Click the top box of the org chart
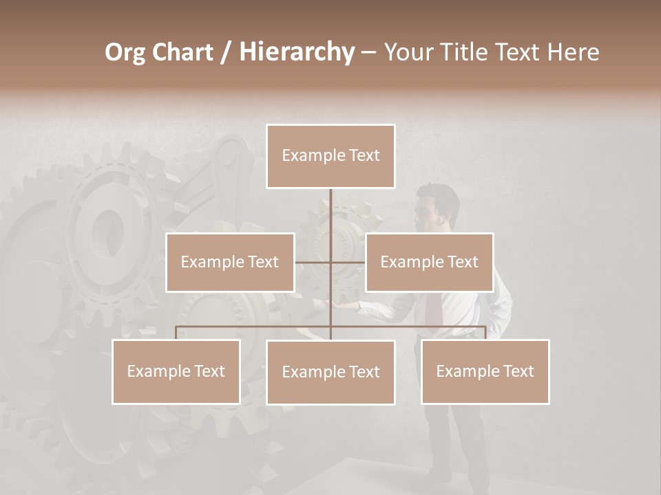coord(330,156)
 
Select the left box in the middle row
coord(230,262)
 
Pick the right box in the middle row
coord(429,262)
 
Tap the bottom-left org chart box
coord(176,371)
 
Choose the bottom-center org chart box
coord(330,372)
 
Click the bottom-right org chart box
coord(485,371)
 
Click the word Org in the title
coord(125,52)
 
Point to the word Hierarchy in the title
coord(296,52)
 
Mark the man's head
coord(439,206)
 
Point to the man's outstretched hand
coord(344,305)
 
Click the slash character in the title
coord(226,52)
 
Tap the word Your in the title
coord(407,52)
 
